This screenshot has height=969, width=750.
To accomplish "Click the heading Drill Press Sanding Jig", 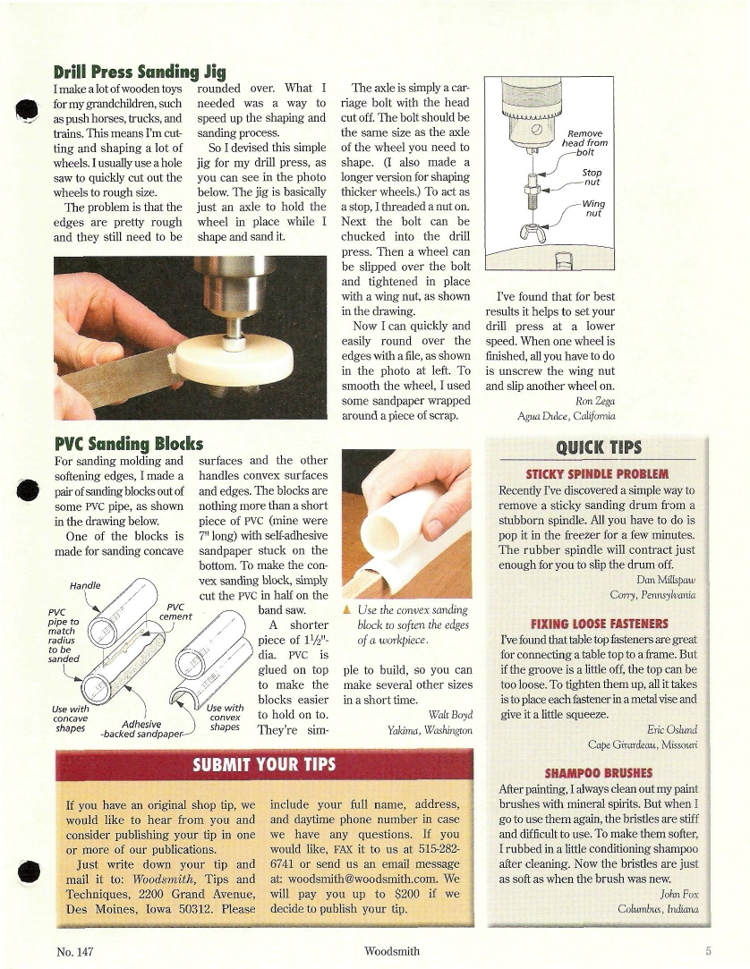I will tap(140, 72).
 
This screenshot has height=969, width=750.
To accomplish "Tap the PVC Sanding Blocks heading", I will tap(129, 444).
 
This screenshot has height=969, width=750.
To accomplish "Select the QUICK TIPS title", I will tap(593, 448).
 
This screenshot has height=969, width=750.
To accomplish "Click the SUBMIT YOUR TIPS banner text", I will tap(264, 764).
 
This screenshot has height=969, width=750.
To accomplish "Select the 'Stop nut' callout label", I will tap(592, 176).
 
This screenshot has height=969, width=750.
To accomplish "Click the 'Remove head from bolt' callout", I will tap(585, 142).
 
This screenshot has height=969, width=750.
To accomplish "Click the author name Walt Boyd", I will tap(449, 714).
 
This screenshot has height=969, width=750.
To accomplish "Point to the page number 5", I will tap(707, 950).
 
